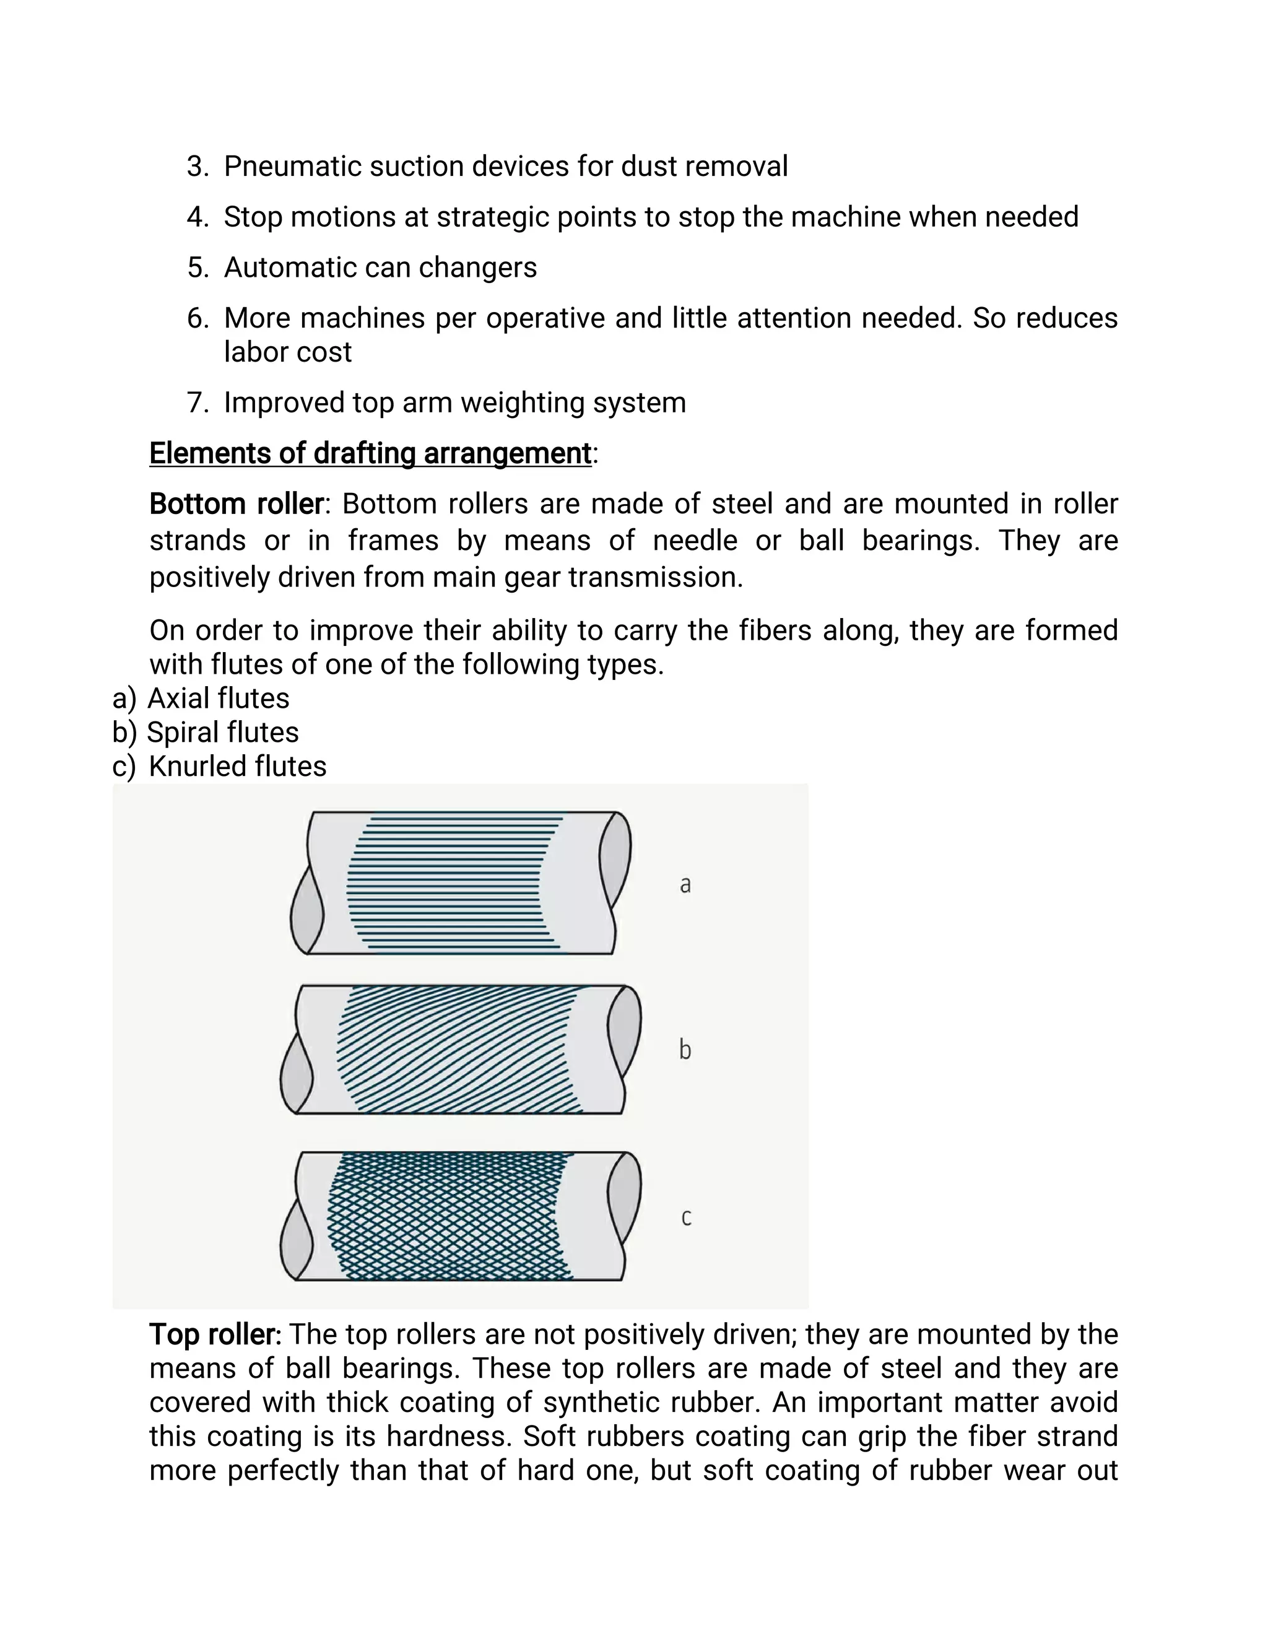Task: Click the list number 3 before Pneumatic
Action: pos(196,167)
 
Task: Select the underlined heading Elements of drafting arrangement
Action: pos(370,454)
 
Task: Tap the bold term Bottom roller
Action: pos(236,504)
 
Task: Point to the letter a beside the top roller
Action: pos(685,885)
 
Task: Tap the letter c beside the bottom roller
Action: pos(686,1216)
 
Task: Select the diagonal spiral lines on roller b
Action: pos(458,1049)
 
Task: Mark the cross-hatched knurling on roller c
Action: pos(451,1216)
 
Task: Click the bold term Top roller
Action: pos(215,1334)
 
